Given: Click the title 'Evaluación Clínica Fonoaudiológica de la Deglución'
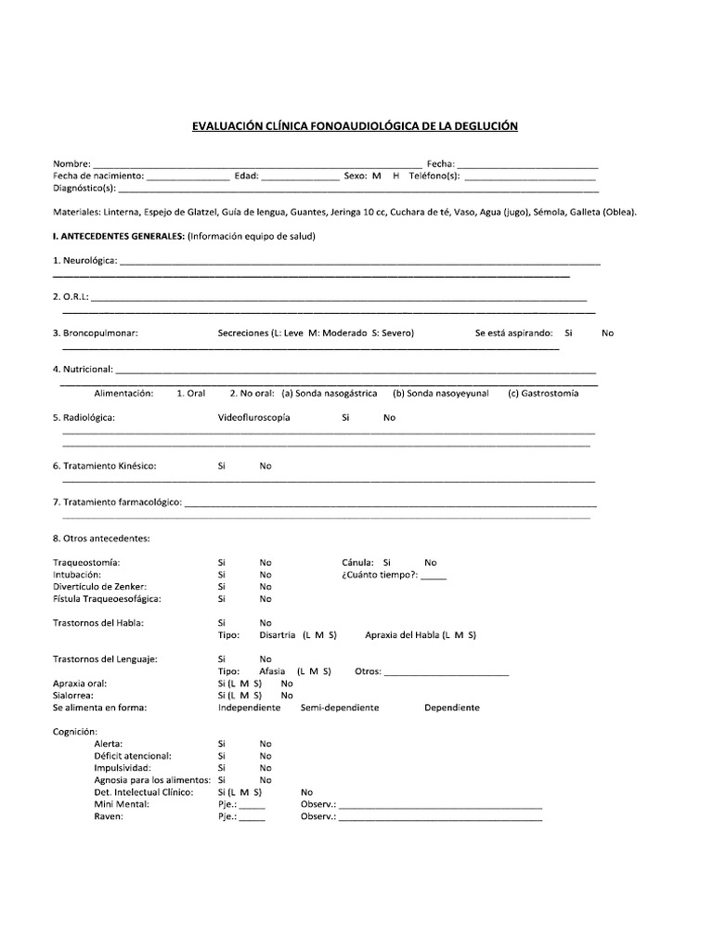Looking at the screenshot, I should click(x=355, y=126).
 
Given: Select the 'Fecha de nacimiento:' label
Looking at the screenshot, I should click(x=97, y=176).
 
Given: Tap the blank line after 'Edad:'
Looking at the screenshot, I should click(x=301, y=176).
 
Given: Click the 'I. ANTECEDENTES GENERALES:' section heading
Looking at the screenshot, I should click(x=119, y=236).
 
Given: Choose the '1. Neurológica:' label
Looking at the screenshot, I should click(x=85, y=260).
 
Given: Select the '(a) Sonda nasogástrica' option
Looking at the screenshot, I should click(x=330, y=393).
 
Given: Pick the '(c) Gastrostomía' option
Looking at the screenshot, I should click(x=543, y=393).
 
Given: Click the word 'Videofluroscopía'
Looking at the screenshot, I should click(x=253, y=417).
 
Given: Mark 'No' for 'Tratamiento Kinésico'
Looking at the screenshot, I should click(x=266, y=465).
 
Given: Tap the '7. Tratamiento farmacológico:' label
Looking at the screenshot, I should click(x=117, y=502).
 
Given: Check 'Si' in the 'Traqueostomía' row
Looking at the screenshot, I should click(x=222, y=562).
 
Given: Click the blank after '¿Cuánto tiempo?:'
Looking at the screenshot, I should click(x=433, y=575).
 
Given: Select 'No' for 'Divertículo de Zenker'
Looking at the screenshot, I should click(x=266, y=586).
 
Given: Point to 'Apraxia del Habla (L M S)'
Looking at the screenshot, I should click(x=421, y=634).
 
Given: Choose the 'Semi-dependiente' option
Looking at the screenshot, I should click(x=340, y=707).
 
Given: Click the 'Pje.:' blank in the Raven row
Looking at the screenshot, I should click(x=252, y=817).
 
